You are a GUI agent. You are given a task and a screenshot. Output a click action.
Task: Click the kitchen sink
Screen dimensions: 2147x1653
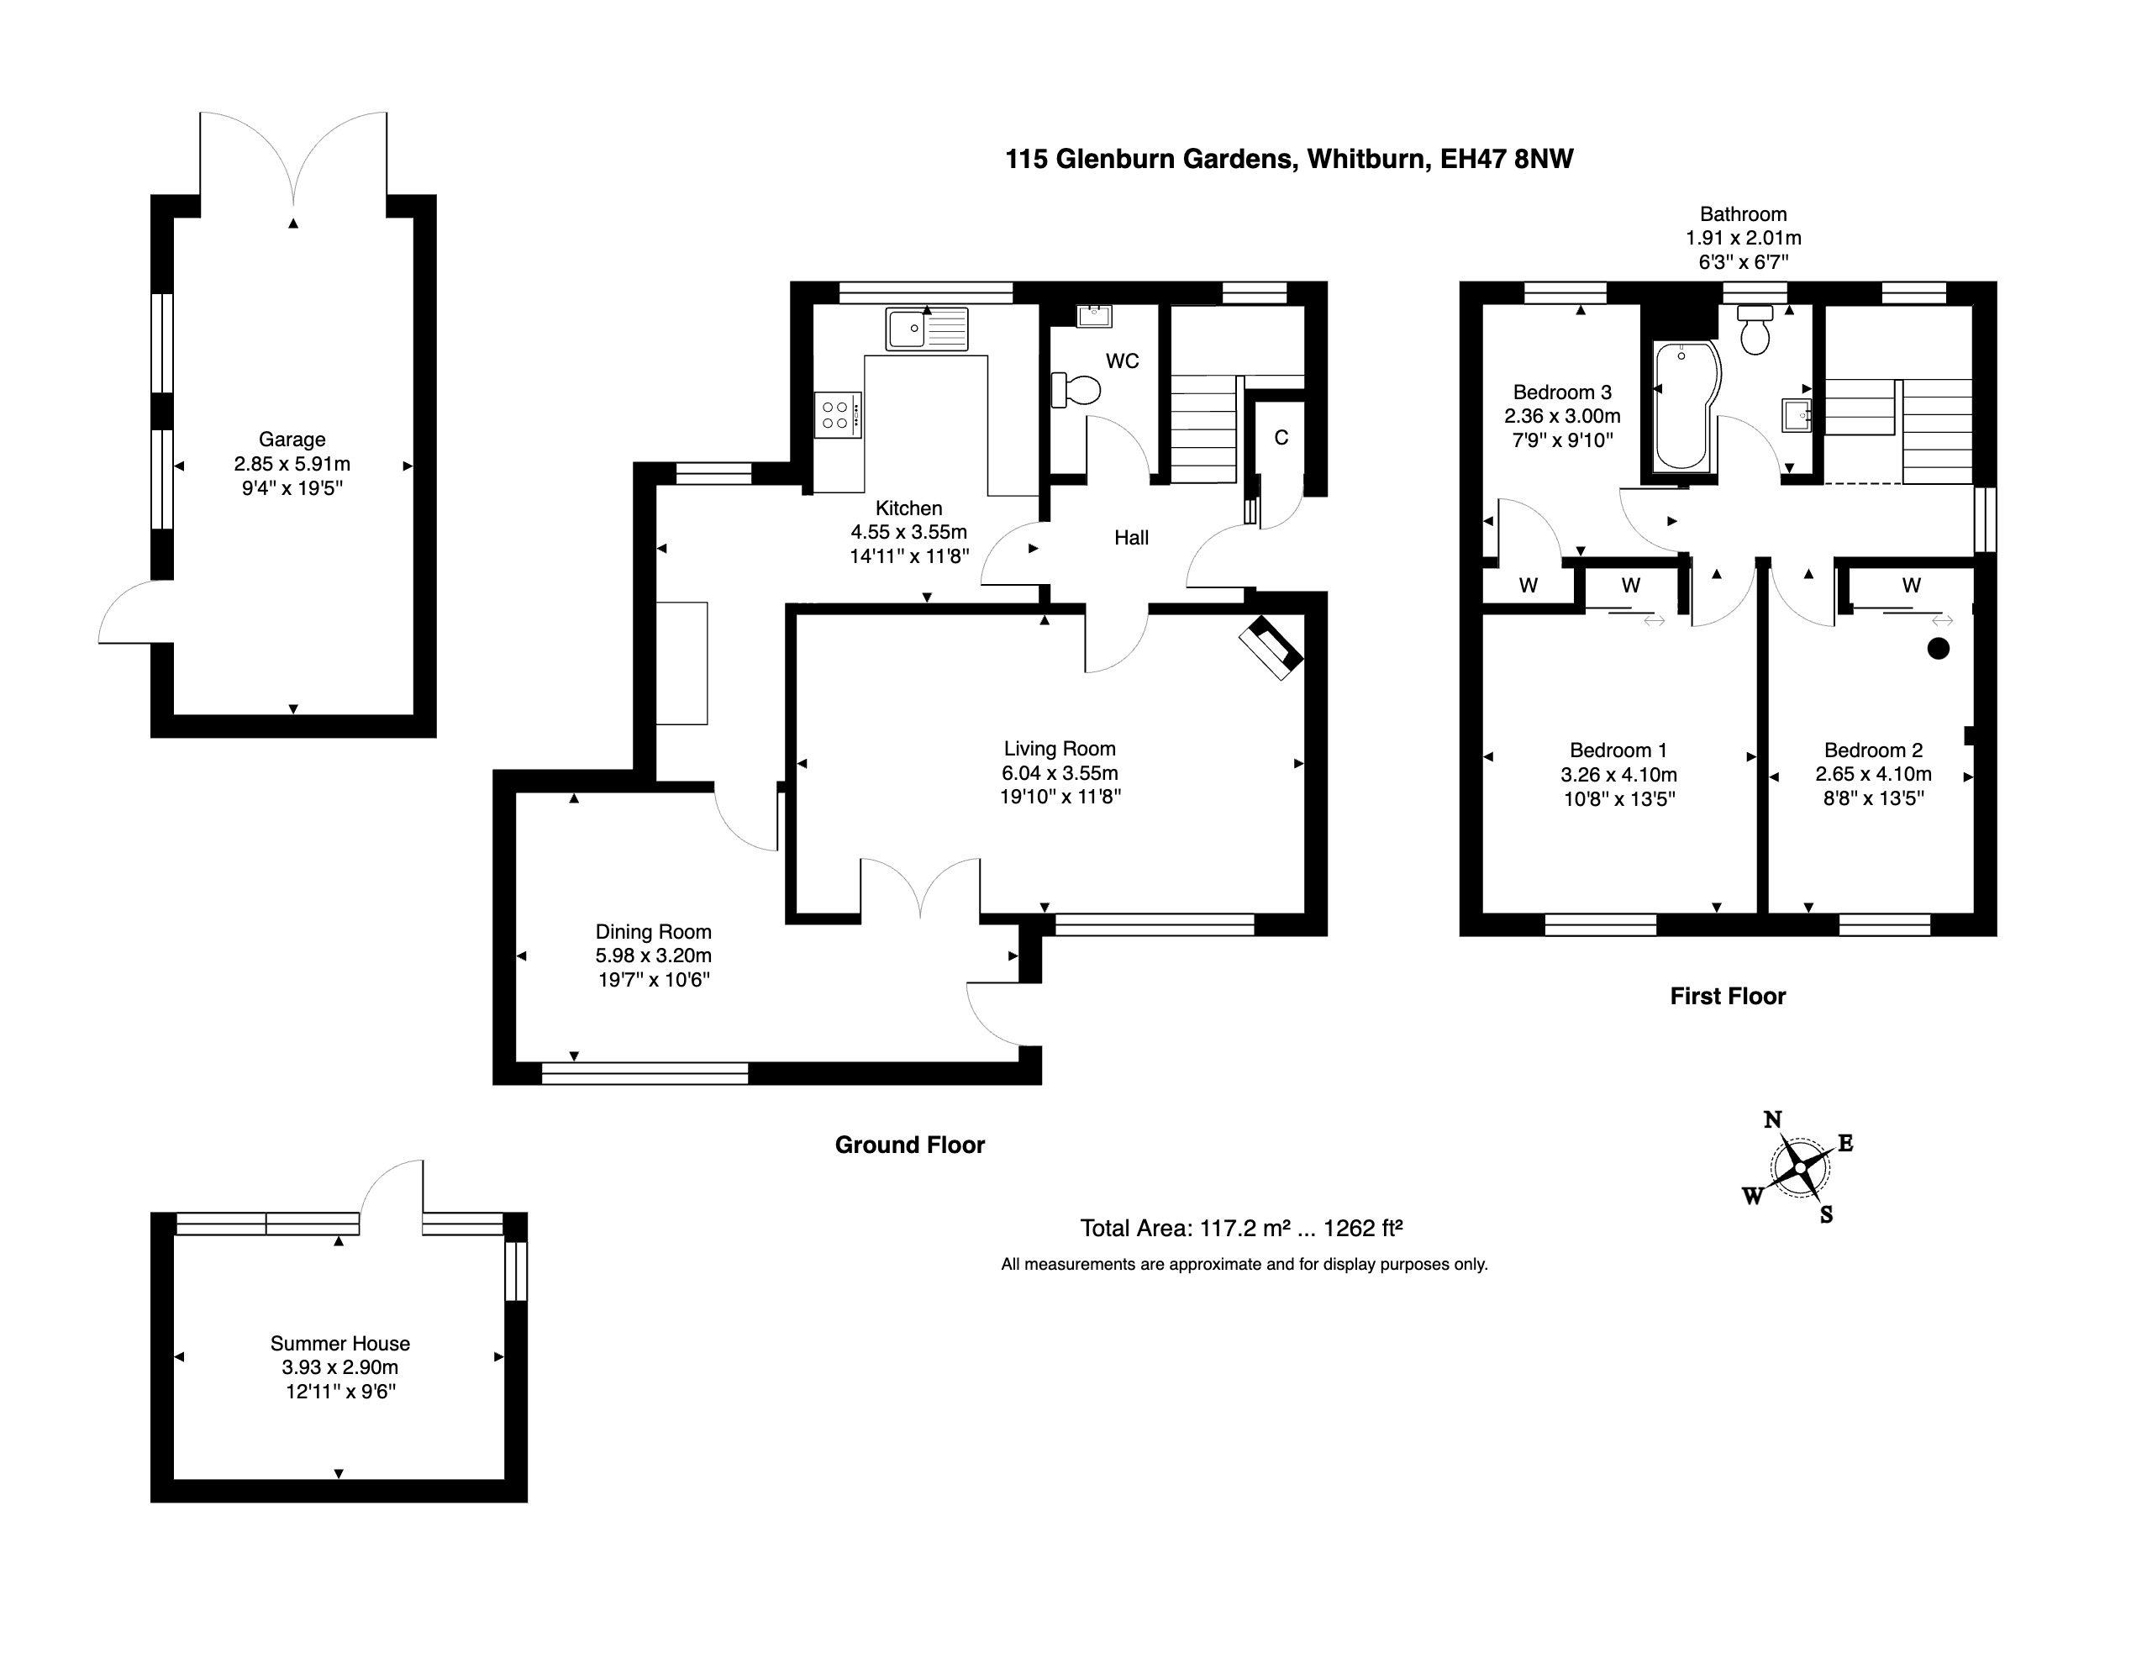[x=927, y=329]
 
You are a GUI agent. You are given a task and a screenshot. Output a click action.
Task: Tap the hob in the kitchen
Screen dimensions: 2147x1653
[x=838, y=415]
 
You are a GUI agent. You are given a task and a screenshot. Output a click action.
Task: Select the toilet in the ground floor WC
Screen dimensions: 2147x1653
[x=1076, y=389]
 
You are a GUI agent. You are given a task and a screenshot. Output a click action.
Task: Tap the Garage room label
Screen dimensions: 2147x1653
[x=292, y=440]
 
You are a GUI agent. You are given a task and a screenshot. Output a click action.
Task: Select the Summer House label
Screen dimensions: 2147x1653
[x=340, y=1343]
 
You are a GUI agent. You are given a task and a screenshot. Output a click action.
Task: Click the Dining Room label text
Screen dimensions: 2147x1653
[x=654, y=931]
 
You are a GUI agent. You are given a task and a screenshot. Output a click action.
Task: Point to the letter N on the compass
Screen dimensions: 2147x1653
[x=1772, y=1119]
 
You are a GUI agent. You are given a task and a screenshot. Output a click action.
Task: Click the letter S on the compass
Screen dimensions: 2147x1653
[x=1827, y=1214]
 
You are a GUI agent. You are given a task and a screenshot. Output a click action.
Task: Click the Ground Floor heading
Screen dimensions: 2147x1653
[x=909, y=1145]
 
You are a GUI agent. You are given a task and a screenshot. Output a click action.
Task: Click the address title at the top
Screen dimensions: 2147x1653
[x=1289, y=160]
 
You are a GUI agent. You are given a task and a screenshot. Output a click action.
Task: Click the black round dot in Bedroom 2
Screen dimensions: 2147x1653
[x=1939, y=648]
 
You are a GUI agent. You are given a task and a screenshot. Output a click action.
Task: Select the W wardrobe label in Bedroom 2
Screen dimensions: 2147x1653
[x=1911, y=586]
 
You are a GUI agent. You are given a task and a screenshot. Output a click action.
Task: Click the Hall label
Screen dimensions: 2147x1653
[x=1132, y=538]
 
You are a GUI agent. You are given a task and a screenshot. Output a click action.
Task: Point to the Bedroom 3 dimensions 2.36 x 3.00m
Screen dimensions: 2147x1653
[x=1562, y=416]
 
